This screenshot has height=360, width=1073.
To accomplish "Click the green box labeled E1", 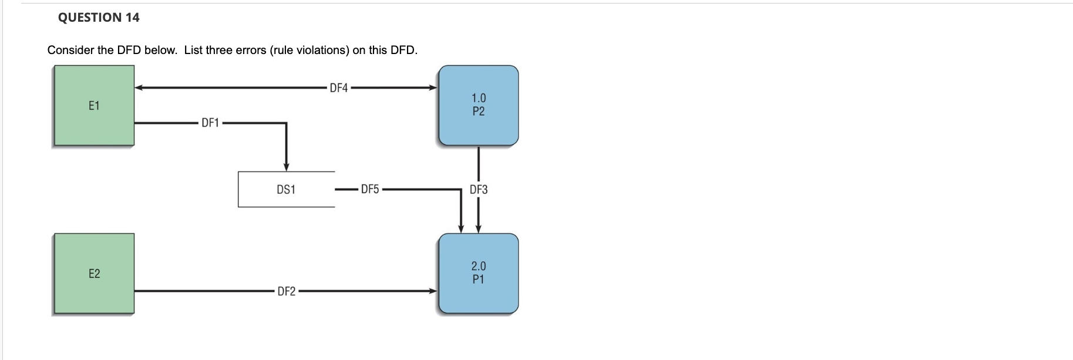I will click(94, 106).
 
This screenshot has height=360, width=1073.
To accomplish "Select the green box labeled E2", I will click(94, 274).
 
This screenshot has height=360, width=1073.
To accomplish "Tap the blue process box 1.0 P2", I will click(478, 105).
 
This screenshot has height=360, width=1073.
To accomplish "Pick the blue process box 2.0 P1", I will click(478, 273).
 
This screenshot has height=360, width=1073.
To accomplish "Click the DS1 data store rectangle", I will click(286, 189).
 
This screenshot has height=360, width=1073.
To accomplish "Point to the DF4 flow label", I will click(339, 88).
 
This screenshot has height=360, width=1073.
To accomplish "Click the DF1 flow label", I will click(210, 123).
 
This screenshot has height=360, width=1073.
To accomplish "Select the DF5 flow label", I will click(370, 189).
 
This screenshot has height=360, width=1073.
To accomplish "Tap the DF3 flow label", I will click(479, 189).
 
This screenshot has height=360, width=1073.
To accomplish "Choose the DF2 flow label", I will click(287, 291).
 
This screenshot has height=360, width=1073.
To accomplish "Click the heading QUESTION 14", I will click(99, 18).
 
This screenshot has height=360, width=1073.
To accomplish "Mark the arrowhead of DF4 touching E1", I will click(139, 88).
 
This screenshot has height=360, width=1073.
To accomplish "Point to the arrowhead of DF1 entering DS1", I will click(286, 167).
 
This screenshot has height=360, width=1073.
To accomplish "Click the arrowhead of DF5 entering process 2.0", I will click(461, 229).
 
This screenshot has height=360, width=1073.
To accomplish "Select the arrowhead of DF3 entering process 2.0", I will click(479, 229).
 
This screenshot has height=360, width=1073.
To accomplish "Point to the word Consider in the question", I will click(70, 51).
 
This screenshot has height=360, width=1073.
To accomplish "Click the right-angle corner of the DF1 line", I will click(286, 123).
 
